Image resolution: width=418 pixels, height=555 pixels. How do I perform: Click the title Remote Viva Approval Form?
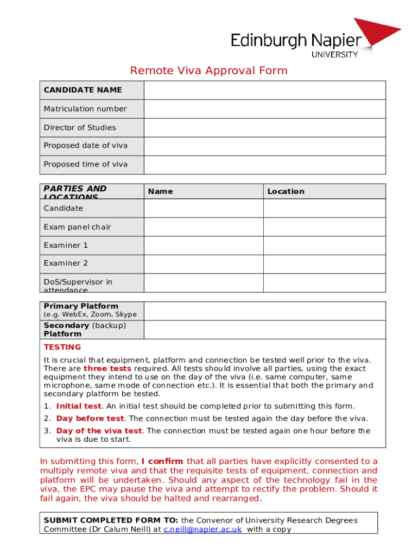pos(208,71)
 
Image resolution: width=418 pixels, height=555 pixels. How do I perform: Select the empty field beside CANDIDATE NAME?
pos(264,90)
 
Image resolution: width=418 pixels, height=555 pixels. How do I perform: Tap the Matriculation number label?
pos(85,109)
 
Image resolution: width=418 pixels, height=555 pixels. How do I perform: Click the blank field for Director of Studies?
pos(264,127)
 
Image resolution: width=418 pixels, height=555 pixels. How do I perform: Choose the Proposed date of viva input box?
pos(264,146)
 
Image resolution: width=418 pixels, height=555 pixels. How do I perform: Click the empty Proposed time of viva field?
pos(264,164)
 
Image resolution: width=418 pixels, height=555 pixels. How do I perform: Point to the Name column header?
pos(161,191)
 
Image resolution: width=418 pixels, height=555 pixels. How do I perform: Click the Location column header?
pos(286,191)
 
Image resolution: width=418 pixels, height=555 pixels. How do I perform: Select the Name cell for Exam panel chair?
pos(204,227)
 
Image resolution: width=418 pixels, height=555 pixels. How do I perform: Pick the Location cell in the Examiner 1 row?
pos(324,246)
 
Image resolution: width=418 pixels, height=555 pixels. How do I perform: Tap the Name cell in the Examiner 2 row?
pos(204,263)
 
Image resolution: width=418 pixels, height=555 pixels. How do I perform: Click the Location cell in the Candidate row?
pos(324,208)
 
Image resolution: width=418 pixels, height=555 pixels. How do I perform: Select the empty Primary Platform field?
pos(264,311)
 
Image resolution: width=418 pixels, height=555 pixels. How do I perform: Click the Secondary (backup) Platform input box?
pos(264,330)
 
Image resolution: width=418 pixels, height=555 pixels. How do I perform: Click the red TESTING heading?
pos(62,347)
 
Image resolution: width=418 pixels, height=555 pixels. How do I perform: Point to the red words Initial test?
pos(79,406)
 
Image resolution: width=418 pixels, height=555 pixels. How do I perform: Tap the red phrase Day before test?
pos(90,418)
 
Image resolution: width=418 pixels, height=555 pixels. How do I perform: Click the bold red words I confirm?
pos(162,462)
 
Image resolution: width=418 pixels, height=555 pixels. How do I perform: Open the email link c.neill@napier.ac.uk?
pos(202,530)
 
